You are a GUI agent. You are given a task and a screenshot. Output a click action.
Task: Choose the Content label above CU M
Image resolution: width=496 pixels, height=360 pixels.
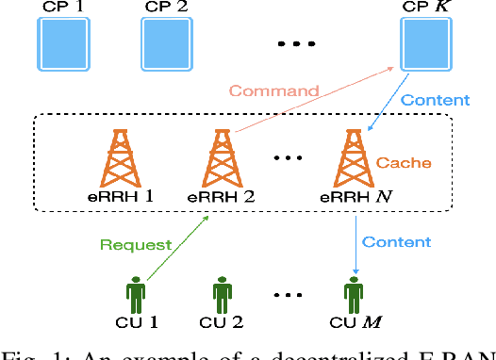[x=397, y=242]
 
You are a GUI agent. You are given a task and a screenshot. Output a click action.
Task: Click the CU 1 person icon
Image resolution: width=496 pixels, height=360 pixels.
[x=137, y=294]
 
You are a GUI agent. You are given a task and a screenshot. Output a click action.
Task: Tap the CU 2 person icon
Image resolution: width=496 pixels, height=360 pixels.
[x=222, y=294]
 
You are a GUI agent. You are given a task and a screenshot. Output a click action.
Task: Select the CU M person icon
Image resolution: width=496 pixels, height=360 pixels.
[x=355, y=294]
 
